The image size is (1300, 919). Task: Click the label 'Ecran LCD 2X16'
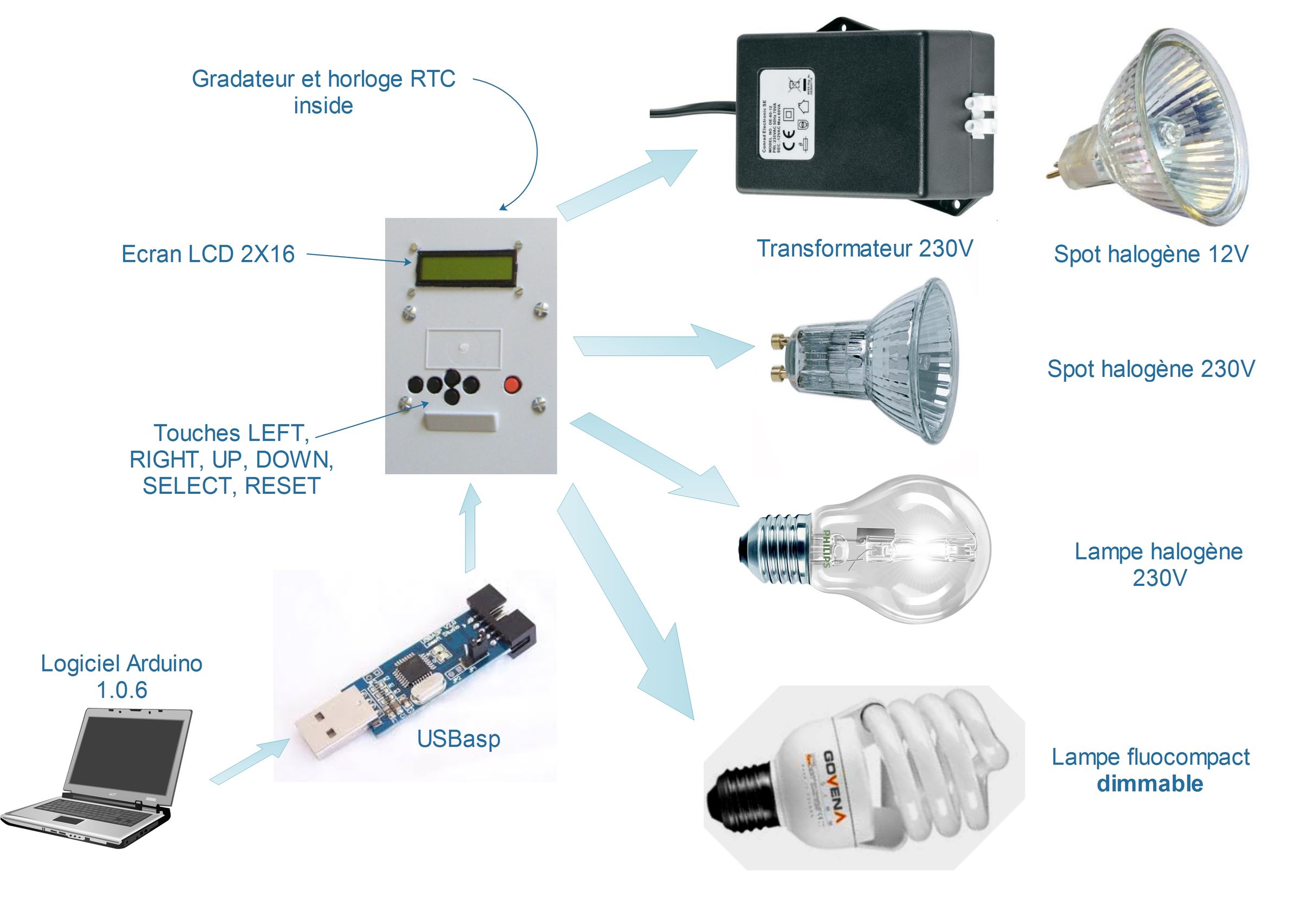pos(208,254)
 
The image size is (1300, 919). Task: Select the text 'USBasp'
pos(458,739)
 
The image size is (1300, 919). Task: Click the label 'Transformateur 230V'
pos(864,249)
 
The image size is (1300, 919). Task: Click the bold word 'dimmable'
pos(1149,784)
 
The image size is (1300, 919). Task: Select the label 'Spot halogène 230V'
pos(1150,369)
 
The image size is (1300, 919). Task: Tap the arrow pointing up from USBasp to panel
pos(470,526)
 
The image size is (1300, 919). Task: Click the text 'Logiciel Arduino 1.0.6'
pos(121,676)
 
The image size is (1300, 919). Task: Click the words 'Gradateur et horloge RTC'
pos(323,79)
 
